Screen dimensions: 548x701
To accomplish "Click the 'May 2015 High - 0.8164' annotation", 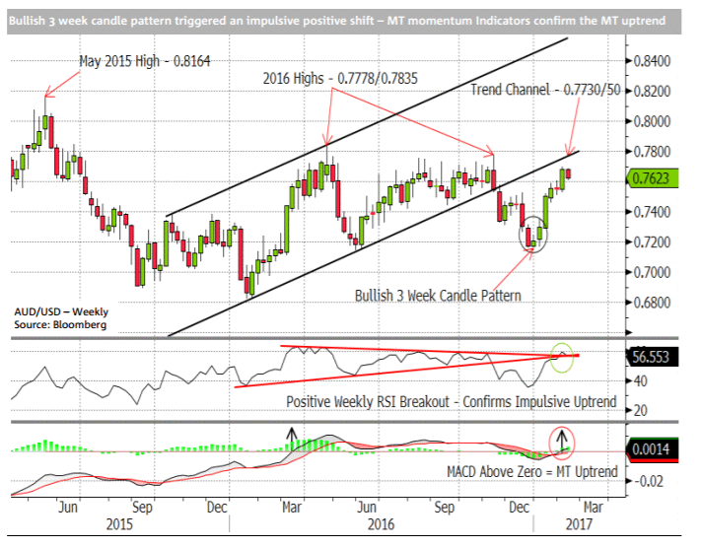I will coord(148,61).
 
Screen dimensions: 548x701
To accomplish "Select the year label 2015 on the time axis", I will coord(116,524).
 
